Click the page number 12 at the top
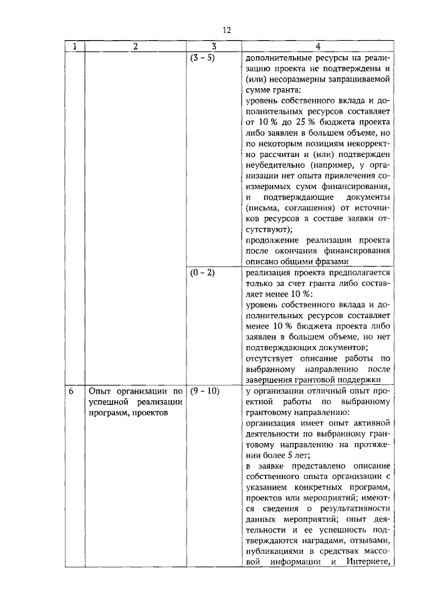click(x=227, y=30)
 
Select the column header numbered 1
click(x=74, y=47)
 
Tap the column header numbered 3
click(x=213, y=47)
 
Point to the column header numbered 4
click(x=318, y=47)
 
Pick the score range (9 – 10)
click(x=204, y=390)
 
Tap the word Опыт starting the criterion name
click(x=101, y=390)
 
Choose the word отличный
click(x=317, y=390)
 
